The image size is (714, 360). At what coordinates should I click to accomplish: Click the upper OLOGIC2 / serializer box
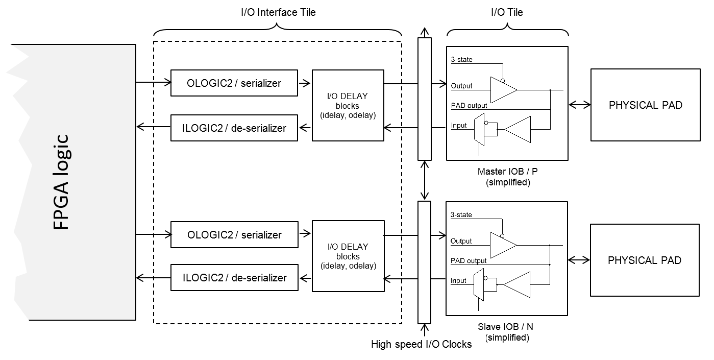pyautogui.click(x=234, y=83)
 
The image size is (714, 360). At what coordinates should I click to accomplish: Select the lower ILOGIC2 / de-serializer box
pyautogui.click(x=234, y=278)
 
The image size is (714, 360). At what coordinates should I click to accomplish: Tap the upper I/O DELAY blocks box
pyautogui.click(x=348, y=105)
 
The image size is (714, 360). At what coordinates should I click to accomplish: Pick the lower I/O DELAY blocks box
pyautogui.click(x=348, y=256)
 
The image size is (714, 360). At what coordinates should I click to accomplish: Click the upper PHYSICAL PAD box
pyautogui.click(x=645, y=105)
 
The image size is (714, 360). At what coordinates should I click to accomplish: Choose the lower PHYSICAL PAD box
pyautogui.click(x=645, y=260)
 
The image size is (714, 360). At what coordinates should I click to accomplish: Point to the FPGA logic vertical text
pyautogui.click(x=61, y=182)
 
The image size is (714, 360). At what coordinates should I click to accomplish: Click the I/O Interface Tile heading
pyautogui.click(x=278, y=12)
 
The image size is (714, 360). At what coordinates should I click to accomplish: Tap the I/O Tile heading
pyautogui.click(x=507, y=12)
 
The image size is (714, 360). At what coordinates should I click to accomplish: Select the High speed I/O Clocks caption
pyautogui.click(x=421, y=344)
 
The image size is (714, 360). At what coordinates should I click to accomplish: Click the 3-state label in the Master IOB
pyautogui.click(x=461, y=60)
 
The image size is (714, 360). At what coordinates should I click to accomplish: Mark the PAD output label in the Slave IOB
pyautogui.click(x=469, y=261)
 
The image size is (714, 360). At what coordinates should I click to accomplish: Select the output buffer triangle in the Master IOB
pyautogui.click(x=502, y=90)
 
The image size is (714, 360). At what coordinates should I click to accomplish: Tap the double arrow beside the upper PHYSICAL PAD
pyautogui.click(x=579, y=105)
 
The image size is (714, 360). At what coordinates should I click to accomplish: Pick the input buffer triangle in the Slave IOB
pyautogui.click(x=518, y=284)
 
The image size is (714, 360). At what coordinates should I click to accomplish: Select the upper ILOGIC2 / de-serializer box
pyautogui.click(x=234, y=128)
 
